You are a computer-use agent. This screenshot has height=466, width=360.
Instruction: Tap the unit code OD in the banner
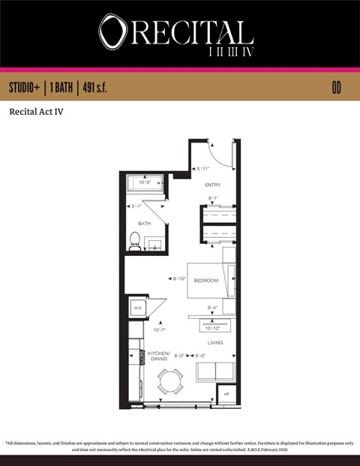[x=337, y=88]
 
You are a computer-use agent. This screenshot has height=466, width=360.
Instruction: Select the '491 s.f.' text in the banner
[x=91, y=88]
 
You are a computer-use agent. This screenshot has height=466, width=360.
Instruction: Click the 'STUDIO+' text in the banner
[x=25, y=88]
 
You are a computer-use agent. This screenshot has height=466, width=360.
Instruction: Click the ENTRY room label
[x=212, y=185]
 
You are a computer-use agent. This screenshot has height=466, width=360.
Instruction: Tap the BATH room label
[x=145, y=224]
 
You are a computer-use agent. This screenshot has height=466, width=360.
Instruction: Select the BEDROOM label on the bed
[x=205, y=281]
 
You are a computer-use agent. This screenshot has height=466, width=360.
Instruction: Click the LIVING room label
[x=217, y=342]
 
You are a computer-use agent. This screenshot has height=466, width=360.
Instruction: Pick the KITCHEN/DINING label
[x=159, y=356]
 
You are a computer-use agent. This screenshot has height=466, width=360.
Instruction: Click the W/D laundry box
[x=137, y=308]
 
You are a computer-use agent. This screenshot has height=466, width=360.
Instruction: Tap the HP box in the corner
[x=225, y=393]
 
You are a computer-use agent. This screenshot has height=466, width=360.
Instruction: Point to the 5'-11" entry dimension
[x=202, y=168]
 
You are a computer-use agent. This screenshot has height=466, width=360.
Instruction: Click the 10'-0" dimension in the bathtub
[x=145, y=182]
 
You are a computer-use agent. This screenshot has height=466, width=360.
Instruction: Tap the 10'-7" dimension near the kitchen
[x=159, y=329]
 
